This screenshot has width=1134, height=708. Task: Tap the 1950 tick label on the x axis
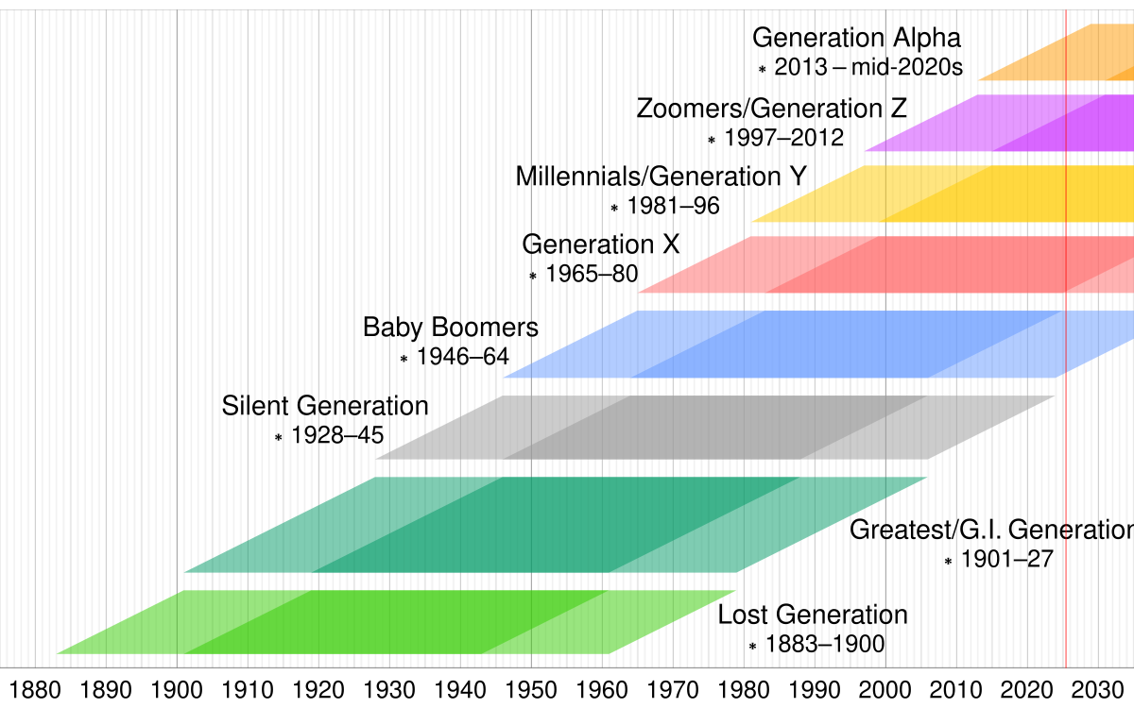[x=531, y=687]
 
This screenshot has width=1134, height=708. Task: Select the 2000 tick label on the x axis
[x=885, y=687]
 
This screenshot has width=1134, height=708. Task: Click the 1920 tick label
[x=318, y=687]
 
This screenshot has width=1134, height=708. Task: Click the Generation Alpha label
[x=856, y=39]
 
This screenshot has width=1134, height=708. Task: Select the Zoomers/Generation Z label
[x=771, y=109]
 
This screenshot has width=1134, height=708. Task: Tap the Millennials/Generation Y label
[x=661, y=177]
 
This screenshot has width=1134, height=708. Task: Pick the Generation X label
[x=601, y=244]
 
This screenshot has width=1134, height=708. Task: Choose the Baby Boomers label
[x=451, y=328]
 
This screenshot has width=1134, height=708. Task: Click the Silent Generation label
[x=325, y=406]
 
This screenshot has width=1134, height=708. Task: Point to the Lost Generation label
[x=813, y=615]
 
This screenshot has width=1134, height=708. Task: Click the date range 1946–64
[x=462, y=358]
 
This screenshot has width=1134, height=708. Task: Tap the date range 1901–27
[x=1006, y=560]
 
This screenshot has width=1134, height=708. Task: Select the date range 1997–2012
[x=783, y=138]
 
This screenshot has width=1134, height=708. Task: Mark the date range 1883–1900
[x=824, y=646]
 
